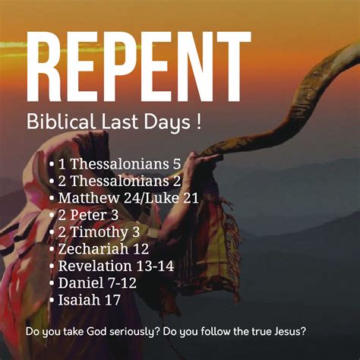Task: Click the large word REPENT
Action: click(138, 66)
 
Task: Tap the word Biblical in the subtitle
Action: click(62, 122)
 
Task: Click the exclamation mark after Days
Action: click(198, 122)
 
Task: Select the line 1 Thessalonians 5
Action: click(120, 164)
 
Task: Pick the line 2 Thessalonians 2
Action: click(120, 181)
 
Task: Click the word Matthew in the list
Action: click(89, 198)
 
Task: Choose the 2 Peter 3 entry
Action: click(88, 215)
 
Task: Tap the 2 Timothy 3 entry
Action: click(99, 232)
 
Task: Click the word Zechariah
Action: click(93, 249)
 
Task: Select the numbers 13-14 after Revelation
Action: click(155, 266)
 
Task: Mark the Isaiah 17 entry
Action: click(89, 300)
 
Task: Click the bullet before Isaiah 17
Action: click(52, 300)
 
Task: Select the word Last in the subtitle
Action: click(119, 122)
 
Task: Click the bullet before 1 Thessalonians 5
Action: click(52, 165)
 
